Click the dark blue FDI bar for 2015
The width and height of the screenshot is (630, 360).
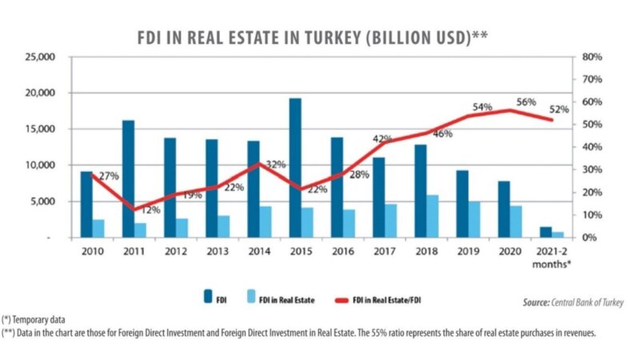coord(295,168)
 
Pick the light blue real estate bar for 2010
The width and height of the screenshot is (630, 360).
coord(98,228)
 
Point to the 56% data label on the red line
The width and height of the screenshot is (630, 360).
coord(525,102)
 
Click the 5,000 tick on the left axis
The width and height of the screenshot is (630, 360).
coord(40,202)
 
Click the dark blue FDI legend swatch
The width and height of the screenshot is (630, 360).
coord(207,300)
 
